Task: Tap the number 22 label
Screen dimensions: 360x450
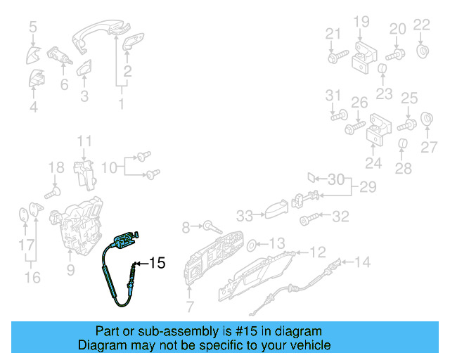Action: (x=421, y=25)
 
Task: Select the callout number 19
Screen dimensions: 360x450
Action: (x=361, y=22)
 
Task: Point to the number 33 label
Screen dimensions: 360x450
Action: (x=244, y=215)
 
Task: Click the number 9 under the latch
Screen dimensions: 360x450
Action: (x=70, y=269)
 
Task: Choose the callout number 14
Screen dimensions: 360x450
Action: (x=361, y=263)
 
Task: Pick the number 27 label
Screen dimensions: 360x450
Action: (x=429, y=147)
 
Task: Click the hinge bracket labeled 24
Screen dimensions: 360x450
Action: (x=378, y=133)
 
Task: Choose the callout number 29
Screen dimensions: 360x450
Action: (x=368, y=187)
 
